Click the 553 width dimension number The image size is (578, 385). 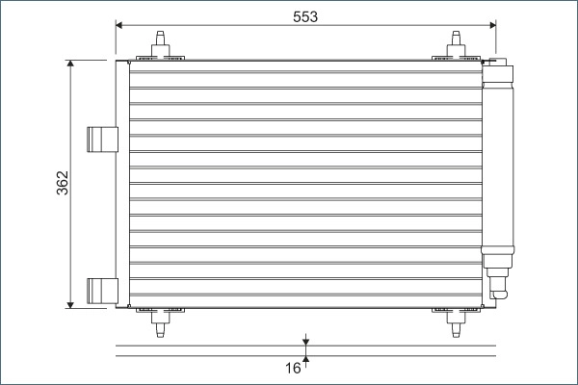[x=304, y=16]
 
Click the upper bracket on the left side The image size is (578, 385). [x=100, y=140]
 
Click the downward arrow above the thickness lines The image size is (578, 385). [x=305, y=341]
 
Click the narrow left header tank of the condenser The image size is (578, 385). [x=122, y=183]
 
